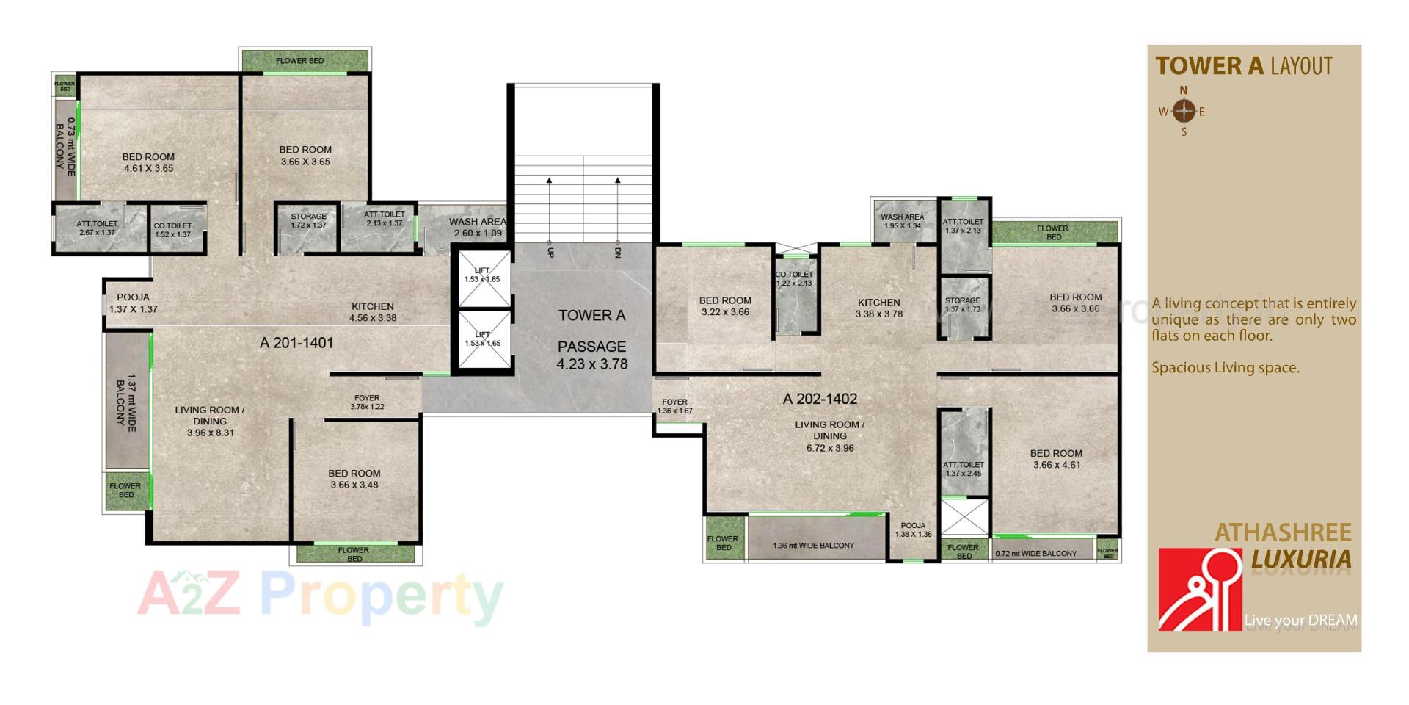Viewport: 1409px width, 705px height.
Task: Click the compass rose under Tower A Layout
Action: [1183, 112]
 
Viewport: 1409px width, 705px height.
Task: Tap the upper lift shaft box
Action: [482, 278]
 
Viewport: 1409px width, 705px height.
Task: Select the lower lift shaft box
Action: [482, 339]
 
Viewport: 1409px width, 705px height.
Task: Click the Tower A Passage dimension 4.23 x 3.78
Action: [591, 364]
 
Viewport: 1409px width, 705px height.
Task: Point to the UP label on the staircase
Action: [550, 253]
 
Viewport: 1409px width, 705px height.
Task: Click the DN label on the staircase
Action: [618, 253]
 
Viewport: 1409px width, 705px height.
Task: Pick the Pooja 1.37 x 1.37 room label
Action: [133, 303]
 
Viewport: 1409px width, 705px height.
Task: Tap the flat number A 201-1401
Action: [296, 343]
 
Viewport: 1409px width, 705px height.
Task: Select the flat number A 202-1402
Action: [820, 399]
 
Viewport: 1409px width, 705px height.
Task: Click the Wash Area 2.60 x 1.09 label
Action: [478, 228]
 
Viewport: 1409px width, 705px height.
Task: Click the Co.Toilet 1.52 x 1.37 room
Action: [173, 231]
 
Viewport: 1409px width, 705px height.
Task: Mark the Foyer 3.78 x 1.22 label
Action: [367, 402]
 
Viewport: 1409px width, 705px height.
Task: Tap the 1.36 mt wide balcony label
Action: [813, 546]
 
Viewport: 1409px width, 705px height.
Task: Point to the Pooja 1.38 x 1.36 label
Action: [913, 530]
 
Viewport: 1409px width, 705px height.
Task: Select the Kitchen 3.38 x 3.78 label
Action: [878, 308]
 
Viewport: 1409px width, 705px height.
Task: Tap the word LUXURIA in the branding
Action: [1300, 560]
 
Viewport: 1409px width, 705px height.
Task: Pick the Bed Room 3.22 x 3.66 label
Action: [725, 305]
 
